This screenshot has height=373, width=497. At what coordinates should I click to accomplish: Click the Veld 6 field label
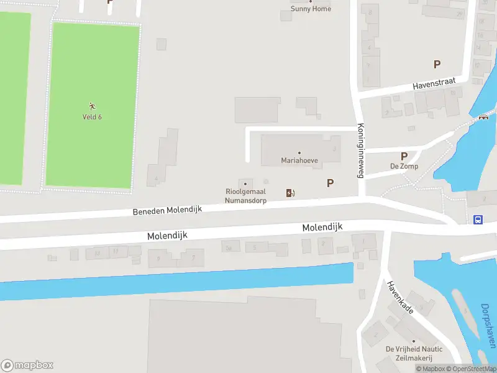92,117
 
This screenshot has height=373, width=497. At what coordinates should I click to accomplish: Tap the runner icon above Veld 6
92,106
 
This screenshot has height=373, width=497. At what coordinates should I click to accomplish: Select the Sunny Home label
311,9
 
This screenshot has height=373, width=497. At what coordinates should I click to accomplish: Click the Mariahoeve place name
299,160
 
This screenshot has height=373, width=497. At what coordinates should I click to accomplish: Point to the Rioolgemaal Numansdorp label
245,196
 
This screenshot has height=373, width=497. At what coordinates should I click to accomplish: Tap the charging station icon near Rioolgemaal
290,193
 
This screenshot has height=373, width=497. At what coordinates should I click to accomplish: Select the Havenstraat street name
434,84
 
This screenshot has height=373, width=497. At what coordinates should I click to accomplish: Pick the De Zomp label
404,167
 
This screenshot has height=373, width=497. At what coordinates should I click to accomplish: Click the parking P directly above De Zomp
404,157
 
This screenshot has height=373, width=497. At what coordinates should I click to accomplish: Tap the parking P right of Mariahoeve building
331,183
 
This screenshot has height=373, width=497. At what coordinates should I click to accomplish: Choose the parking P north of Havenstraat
437,64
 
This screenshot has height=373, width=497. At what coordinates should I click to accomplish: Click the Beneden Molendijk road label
168,211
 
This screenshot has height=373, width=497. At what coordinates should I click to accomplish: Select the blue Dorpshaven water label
489,325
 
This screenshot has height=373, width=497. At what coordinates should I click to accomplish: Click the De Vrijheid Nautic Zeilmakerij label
409,354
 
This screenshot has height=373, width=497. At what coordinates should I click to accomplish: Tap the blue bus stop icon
478,219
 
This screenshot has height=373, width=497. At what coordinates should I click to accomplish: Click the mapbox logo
27,366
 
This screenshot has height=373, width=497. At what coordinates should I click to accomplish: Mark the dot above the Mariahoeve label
299,153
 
